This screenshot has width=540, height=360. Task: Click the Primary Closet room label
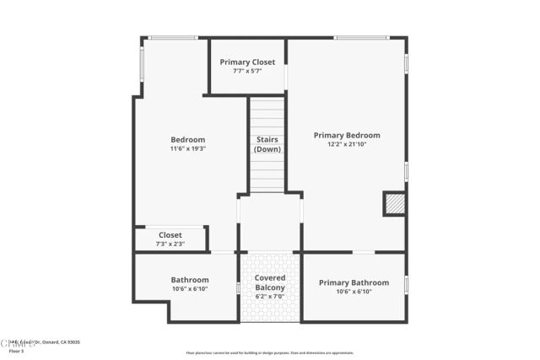point(247,62)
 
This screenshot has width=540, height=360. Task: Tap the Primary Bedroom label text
point(347,135)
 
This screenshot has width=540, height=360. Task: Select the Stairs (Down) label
point(267,144)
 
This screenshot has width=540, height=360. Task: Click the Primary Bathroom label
point(354,282)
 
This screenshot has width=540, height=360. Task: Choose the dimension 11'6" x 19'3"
point(188,148)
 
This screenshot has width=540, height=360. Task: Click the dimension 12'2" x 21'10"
point(347,144)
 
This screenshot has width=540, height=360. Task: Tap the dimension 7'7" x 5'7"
point(247,71)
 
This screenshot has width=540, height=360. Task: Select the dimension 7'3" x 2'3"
point(170,244)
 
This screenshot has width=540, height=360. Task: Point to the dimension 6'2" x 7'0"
point(270,297)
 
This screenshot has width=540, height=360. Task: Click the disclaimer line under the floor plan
point(270,352)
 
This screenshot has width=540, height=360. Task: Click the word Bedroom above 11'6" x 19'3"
point(188,140)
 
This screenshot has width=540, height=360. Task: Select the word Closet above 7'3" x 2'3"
point(170,235)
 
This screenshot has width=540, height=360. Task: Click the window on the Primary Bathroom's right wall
point(406,285)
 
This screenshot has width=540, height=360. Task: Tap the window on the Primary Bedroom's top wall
point(361,37)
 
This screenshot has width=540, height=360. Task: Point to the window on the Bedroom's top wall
point(173,37)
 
